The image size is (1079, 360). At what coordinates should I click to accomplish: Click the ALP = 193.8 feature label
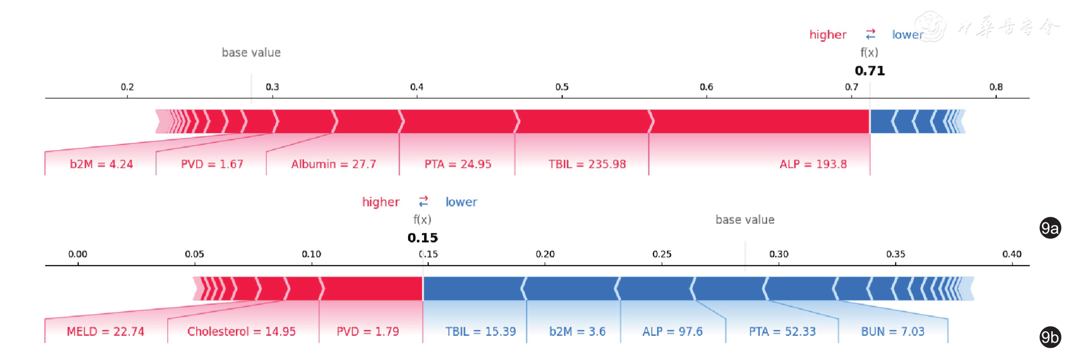click(x=813, y=164)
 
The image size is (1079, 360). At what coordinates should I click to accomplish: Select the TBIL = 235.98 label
click(x=587, y=164)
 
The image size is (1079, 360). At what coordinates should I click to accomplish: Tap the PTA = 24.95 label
click(x=457, y=164)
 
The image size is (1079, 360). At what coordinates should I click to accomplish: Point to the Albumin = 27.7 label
click(x=333, y=164)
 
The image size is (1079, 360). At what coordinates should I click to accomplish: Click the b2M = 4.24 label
click(x=101, y=164)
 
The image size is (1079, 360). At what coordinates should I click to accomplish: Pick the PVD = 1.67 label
click(x=211, y=164)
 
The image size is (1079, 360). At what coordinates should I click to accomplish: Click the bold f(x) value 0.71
click(x=870, y=71)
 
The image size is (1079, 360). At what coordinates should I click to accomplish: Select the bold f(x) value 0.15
click(x=422, y=238)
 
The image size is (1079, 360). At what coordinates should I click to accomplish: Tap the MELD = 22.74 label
click(x=105, y=332)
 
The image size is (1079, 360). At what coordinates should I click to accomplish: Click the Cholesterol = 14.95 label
click(x=241, y=332)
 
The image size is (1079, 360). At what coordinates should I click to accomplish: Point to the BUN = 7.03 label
click(x=893, y=332)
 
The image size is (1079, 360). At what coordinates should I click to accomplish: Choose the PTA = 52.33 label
click(x=782, y=332)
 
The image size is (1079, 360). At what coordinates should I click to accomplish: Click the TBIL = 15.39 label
click(x=480, y=332)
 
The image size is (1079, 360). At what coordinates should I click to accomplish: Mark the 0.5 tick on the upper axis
click(x=562, y=87)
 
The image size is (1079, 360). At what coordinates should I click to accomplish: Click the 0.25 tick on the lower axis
click(x=662, y=254)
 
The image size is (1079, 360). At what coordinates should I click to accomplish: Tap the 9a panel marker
click(x=1050, y=228)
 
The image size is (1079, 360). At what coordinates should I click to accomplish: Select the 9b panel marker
click(x=1050, y=337)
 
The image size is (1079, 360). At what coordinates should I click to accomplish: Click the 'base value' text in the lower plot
click(x=744, y=220)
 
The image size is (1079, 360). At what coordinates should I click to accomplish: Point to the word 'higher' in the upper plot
click(x=827, y=34)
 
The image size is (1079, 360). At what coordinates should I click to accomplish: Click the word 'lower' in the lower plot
click(x=461, y=202)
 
